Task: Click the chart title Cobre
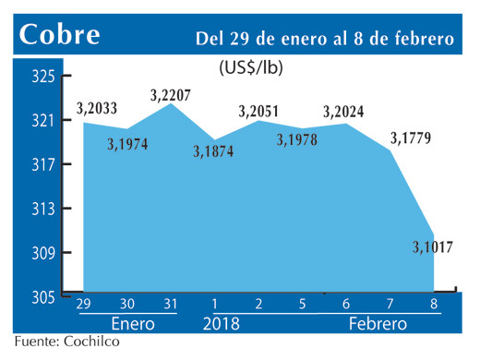[x=60, y=34]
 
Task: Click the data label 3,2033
[x=97, y=109]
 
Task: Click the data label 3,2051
[x=258, y=112]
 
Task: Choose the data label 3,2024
[x=342, y=113]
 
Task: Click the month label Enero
[x=132, y=325]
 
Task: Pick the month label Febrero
[x=377, y=325]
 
